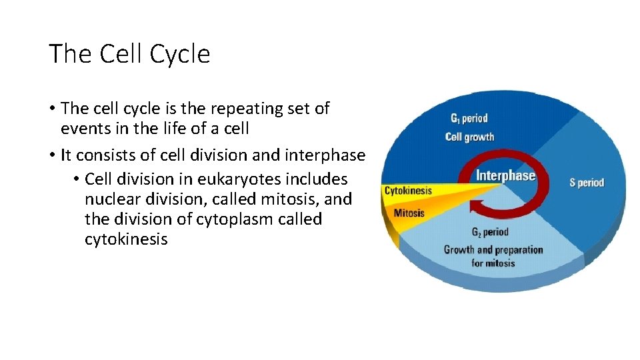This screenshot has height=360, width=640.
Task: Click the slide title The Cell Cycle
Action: coord(129,54)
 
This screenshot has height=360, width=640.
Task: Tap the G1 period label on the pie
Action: coord(469,119)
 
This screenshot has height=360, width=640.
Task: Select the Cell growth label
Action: coord(469,137)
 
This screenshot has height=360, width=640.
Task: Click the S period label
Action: coord(587,182)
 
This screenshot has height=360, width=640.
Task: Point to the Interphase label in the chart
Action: coord(505,176)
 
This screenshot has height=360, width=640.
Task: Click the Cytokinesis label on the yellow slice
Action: coord(408,191)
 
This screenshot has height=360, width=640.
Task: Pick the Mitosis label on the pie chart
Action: coord(409,213)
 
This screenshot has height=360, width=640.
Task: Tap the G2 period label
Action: coord(490,232)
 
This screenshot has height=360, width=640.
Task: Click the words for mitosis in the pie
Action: coord(493,263)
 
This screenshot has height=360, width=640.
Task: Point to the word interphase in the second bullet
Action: coord(326,155)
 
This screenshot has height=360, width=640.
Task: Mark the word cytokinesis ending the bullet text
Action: coord(126,239)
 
